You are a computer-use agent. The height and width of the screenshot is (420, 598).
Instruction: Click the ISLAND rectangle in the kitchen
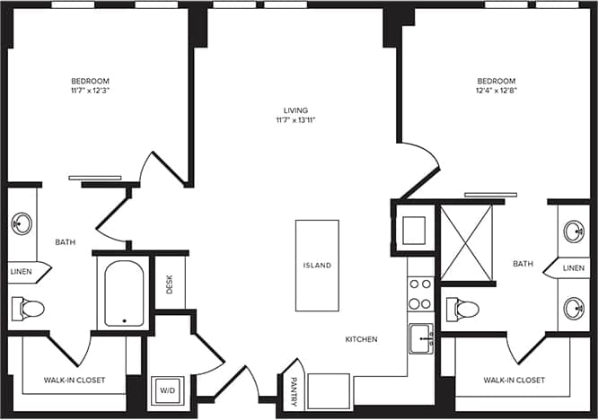317,266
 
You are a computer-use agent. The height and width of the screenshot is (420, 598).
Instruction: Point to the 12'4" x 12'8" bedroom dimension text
496,91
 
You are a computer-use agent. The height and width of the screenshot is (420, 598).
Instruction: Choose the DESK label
170,284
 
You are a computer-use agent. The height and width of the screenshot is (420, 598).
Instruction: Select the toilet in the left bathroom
28,309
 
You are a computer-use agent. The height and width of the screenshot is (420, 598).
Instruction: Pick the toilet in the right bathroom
462,310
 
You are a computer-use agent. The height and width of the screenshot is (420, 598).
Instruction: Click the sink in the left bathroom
22,223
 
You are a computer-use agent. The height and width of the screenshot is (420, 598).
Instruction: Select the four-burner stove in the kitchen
420,292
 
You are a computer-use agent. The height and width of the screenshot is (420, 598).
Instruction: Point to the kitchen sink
420,338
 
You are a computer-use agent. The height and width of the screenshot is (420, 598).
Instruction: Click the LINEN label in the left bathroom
22,270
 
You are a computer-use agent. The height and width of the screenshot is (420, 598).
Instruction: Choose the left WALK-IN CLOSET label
75,381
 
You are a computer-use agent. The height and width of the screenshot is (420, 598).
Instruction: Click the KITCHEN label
362,339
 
